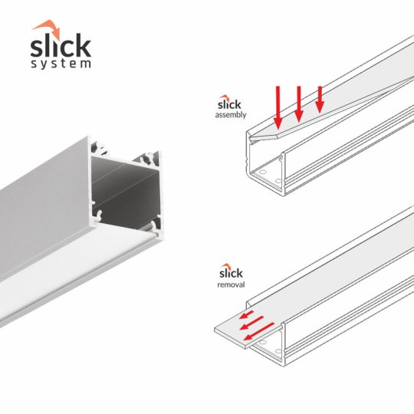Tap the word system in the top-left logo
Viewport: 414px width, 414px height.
pyautogui.click(x=61, y=63)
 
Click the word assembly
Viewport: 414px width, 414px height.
pyautogui.click(x=230, y=114)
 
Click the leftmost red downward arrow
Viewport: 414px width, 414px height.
pyautogui.click(x=278, y=107)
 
